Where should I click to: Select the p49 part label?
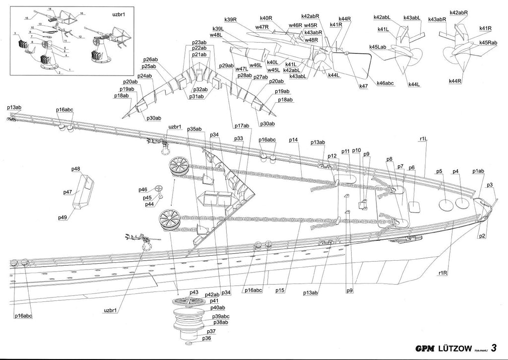coord(63,217)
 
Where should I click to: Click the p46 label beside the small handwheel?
coord(143,190)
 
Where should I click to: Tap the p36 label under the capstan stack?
coord(206,338)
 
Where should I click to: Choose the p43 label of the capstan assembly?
coord(193,292)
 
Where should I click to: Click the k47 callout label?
coord(364,86)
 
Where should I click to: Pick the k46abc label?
coord(385,83)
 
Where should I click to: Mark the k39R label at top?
coord(230,19)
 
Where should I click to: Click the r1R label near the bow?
coord(443,273)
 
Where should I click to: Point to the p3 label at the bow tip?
coord(490,185)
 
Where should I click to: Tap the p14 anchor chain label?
coord(293,141)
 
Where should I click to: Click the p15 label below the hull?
coord(280,290)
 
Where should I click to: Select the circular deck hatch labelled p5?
coord(444,204)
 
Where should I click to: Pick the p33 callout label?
coord(239,139)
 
